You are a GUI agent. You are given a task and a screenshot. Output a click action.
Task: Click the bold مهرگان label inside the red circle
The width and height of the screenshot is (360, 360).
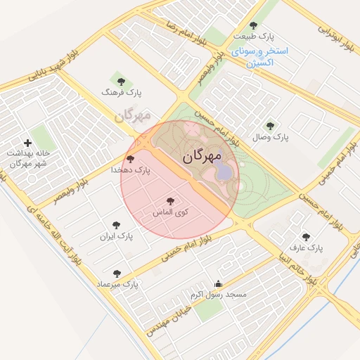click(202, 156)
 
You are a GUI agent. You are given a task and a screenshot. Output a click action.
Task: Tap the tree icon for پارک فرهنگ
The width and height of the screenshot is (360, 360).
click(120, 81)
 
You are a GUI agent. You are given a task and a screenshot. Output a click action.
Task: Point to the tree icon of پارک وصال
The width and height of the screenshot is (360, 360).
click(271, 125)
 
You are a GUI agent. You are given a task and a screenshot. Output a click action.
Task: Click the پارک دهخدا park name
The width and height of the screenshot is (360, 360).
click(131, 170)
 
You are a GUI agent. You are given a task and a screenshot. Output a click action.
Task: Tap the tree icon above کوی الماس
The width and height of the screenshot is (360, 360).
click(169, 201)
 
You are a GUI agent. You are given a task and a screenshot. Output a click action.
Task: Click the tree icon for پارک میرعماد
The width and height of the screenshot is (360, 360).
click(117, 273)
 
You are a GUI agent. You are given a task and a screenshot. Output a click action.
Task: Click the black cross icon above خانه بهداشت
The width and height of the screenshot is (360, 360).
click(27, 143)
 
